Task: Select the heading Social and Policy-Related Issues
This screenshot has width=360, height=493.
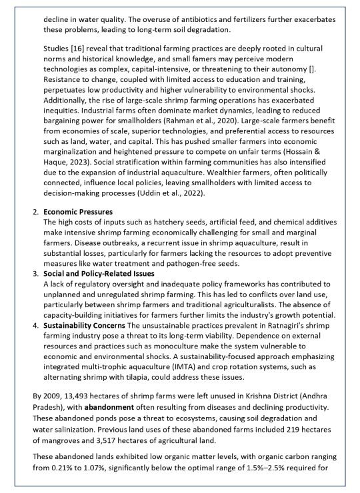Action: [100, 272]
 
